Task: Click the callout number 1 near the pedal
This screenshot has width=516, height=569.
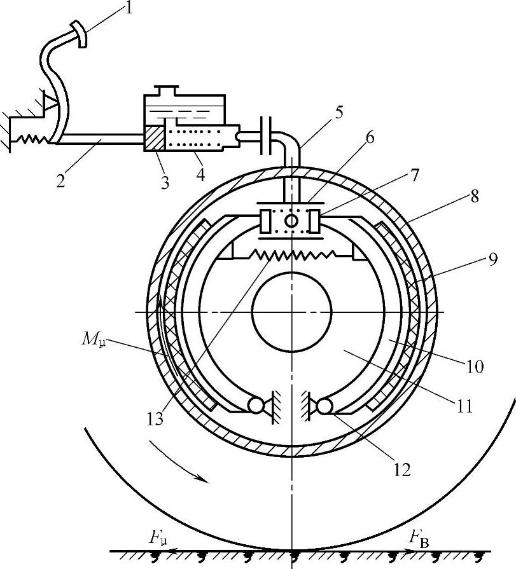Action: [128, 8]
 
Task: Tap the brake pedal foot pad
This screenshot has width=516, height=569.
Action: [80, 34]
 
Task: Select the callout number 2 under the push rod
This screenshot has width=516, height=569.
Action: [60, 180]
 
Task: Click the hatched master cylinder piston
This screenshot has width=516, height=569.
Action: [154, 137]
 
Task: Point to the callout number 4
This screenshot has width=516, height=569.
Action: [200, 174]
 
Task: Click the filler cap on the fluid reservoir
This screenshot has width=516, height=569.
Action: [166, 90]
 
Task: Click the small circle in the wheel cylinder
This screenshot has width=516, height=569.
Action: [291, 221]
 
